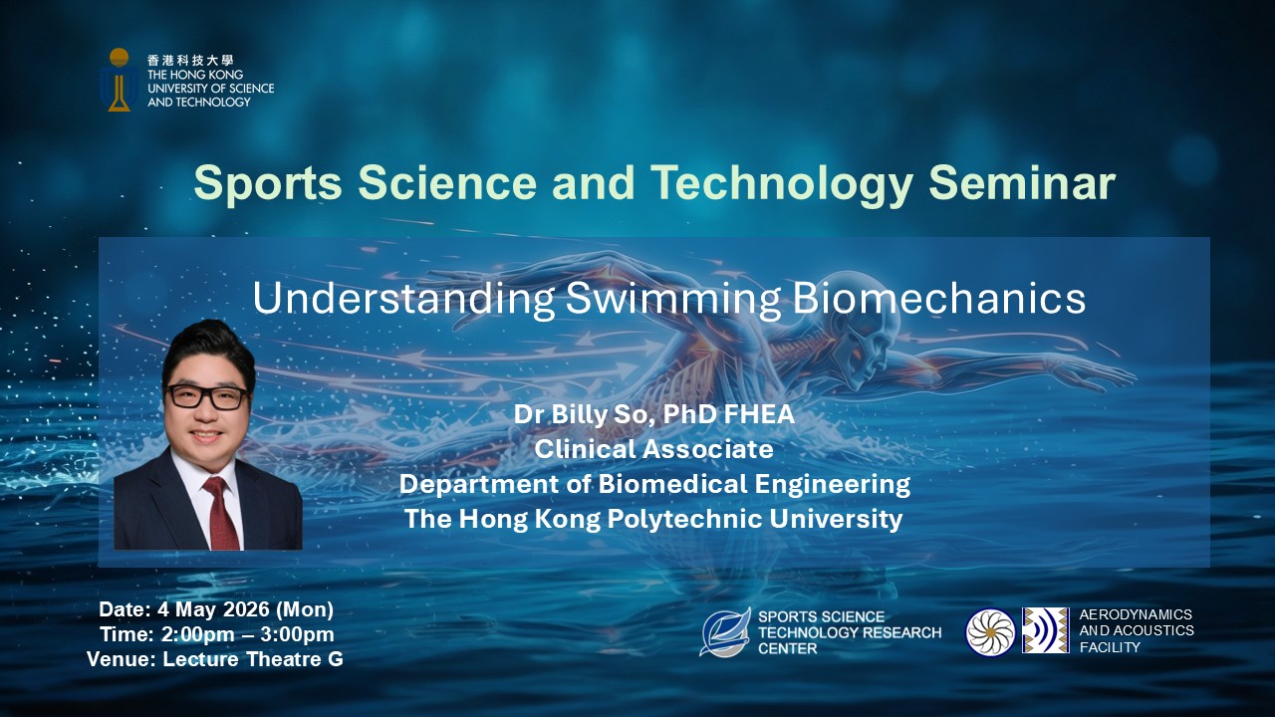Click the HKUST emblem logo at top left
(120, 80)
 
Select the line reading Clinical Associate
(653, 449)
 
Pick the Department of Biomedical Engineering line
(653, 484)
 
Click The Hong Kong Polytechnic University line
(653, 519)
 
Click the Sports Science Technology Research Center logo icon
(724, 632)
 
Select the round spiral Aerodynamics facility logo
(990, 631)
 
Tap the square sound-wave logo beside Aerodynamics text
(1045, 630)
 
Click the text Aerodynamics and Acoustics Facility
(1136, 631)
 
